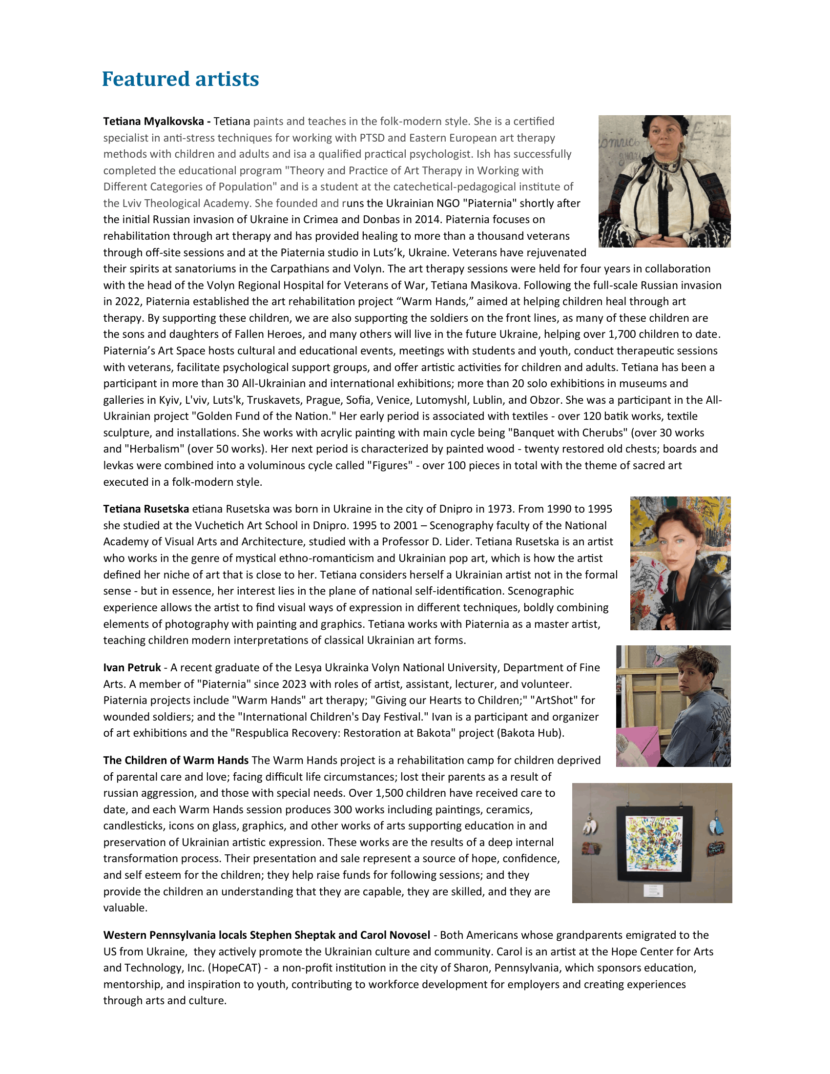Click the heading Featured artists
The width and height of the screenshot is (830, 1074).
pos(180,79)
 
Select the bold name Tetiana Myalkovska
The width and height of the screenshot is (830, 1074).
pos(153,122)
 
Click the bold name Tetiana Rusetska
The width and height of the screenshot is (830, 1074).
pos(146,509)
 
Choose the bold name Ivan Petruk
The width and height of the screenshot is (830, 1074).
pos(132,668)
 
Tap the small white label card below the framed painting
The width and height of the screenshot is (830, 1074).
pos(653,890)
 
